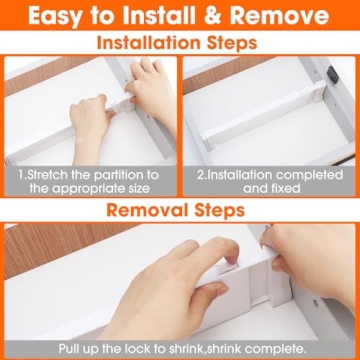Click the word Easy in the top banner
pos(63,18)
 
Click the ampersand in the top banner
pos(217,18)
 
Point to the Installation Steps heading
pos(180,44)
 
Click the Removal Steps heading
pos(180,211)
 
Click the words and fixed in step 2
pos(270,189)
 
